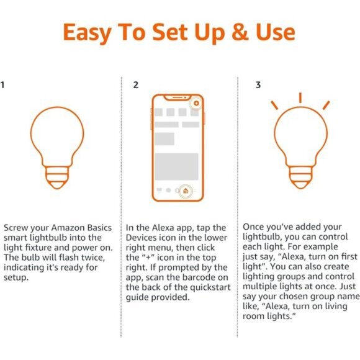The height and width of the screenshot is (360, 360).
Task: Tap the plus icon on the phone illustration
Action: [196, 101]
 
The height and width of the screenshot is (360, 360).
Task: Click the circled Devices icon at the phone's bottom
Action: [186, 191]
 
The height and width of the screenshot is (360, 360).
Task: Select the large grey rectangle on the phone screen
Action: [176, 166]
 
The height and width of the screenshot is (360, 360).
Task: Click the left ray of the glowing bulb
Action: [274, 105]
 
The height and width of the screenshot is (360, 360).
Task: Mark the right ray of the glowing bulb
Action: [326, 105]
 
